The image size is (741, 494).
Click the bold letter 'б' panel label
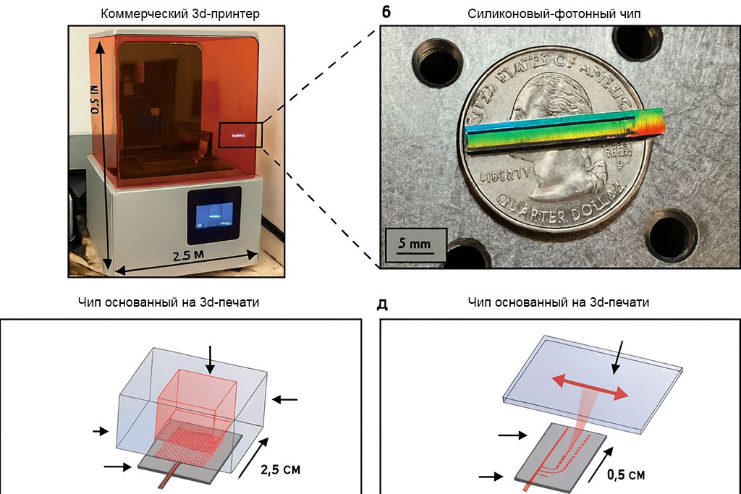tap(386, 11)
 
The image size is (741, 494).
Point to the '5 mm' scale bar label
tap(415, 243)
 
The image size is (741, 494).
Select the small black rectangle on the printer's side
tap(240, 135)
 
